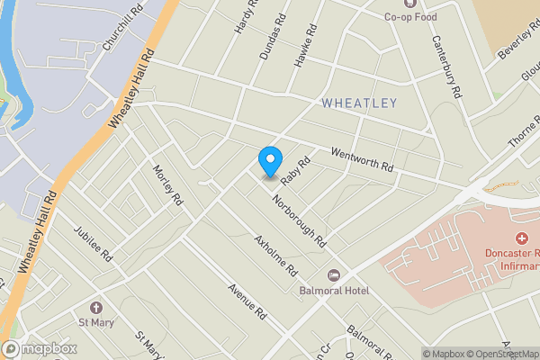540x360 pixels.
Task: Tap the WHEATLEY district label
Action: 358,103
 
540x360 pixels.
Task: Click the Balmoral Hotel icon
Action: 334,274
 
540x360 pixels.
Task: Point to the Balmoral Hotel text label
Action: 334,291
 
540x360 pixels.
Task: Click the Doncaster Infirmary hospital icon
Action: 520,238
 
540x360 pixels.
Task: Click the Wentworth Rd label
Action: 363,161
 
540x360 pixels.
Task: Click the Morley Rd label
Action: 167,185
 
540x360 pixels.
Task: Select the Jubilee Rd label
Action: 94,243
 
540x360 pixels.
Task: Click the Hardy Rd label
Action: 245,16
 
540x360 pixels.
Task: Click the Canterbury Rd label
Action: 445,66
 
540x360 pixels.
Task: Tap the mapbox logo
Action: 40,349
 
